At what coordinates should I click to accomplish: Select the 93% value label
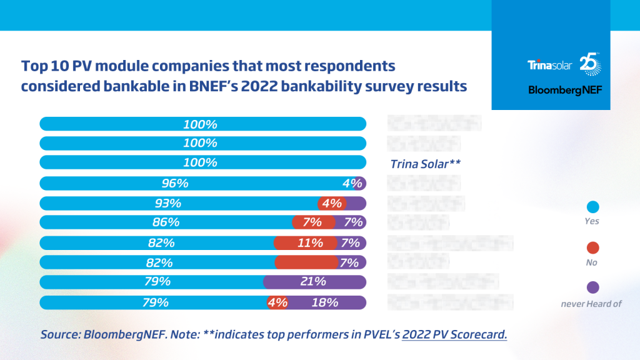[167, 203]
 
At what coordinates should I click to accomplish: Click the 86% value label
[166, 222]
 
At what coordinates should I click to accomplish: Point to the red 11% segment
[306, 243]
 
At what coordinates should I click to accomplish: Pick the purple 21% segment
[314, 282]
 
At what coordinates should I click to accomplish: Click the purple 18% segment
[325, 302]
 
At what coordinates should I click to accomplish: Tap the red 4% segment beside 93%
[331, 203]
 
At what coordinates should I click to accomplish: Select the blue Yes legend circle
[593, 207]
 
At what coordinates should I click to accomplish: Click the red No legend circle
[593, 247]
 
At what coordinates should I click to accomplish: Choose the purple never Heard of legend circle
[593, 287]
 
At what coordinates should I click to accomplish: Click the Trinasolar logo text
[550, 64]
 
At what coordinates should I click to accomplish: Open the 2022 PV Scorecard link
[454, 334]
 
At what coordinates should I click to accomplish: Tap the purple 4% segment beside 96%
[356, 184]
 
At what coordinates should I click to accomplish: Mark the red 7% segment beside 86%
[311, 222]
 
